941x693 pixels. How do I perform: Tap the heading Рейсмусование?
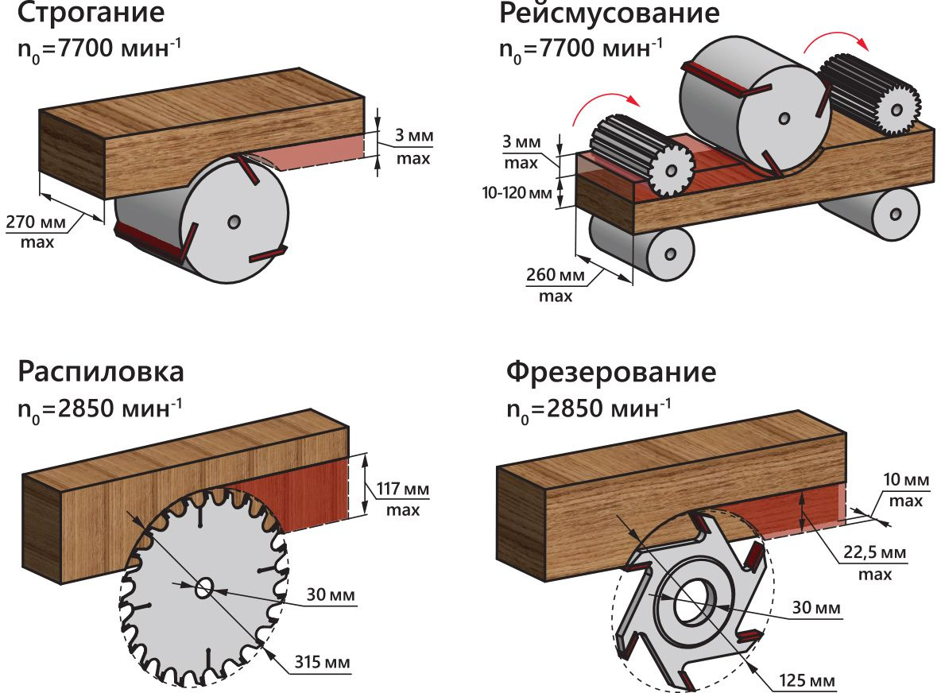coord(609,14)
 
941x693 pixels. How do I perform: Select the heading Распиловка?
coord(102,372)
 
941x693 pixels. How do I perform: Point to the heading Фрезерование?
coord(611,372)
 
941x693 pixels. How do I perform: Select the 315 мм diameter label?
coord(322,661)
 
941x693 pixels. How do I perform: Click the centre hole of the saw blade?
coord(203,588)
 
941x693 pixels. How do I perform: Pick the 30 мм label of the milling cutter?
coord(815,608)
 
